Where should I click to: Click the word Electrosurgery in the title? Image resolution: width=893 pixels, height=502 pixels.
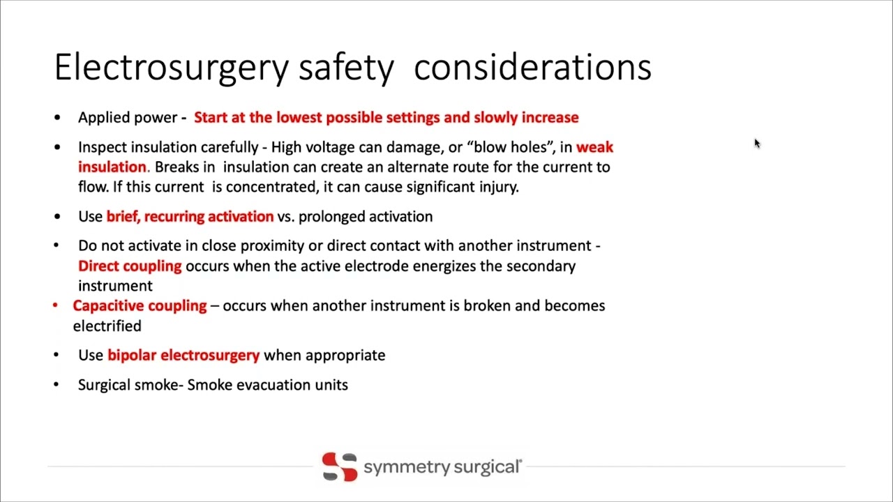[171, 68]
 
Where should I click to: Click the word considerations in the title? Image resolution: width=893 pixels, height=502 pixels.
[532, 68]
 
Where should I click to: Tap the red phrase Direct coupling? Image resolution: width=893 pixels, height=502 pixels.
[130, 266]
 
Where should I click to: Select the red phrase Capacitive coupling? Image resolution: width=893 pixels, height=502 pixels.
[140, 305]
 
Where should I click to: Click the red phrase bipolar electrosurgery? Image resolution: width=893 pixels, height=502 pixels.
[183, 355]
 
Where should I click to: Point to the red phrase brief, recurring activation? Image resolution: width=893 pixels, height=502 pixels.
[190, 216]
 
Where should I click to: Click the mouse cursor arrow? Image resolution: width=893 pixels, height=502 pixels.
[757, 144]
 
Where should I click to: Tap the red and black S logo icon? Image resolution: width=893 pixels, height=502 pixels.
[340, 466]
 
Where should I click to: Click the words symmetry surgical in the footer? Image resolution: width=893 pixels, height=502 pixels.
[442, 466]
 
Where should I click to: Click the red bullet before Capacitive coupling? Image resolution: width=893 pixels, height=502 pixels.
[56, 305]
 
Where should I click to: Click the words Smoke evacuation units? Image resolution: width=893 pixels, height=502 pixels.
[267, 385]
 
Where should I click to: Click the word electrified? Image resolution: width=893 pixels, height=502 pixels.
[107, 326]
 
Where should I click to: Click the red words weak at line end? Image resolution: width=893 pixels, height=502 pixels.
[594, 147]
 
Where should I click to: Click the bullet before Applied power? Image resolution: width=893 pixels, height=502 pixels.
[57, 118]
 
